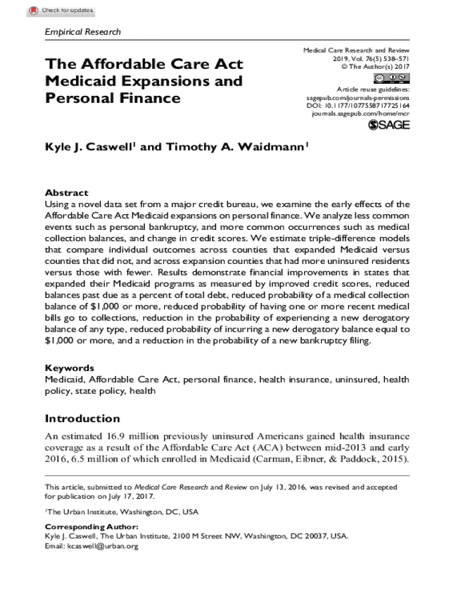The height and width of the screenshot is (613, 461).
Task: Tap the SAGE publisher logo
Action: (389, 124)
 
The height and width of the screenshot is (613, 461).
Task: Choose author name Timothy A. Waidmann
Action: (236, 147)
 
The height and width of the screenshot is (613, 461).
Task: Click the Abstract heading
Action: (66, 193)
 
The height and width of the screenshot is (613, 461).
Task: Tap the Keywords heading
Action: (69, 368)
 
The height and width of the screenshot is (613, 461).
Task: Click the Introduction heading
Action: (83, 418)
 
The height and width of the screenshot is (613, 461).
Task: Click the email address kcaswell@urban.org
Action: (102, 546)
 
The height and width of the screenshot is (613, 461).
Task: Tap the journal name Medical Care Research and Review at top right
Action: (356, 51)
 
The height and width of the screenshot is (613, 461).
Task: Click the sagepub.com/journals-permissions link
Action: (358, 97)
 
